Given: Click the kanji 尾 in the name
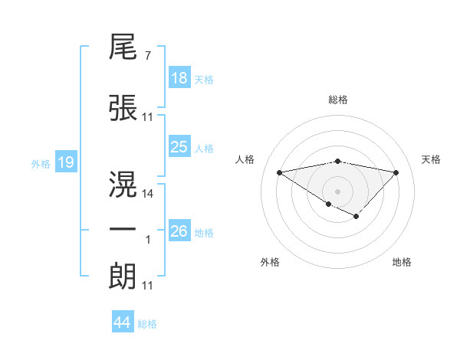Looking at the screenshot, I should coord(123,50).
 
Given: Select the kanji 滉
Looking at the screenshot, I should coord(123,184).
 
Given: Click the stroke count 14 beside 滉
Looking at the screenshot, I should coord(149,193).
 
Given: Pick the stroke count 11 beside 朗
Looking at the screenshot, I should coord(148,286).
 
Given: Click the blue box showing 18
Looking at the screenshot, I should coord(179,78).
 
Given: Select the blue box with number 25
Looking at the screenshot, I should coord(179,147).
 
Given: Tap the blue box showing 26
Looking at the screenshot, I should coord(179,231).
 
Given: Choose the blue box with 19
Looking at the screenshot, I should coord(65,162).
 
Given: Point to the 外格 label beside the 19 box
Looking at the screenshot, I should coord(40,163).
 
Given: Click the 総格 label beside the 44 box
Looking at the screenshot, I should coord(147,324).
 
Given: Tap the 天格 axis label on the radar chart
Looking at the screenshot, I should coord(431,159).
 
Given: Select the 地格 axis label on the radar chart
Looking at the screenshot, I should coord(402,263).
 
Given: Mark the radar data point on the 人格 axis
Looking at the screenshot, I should coord(279,172).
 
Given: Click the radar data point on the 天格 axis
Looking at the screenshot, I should coord(396,172).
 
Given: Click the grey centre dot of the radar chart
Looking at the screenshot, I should coord(337,190).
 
